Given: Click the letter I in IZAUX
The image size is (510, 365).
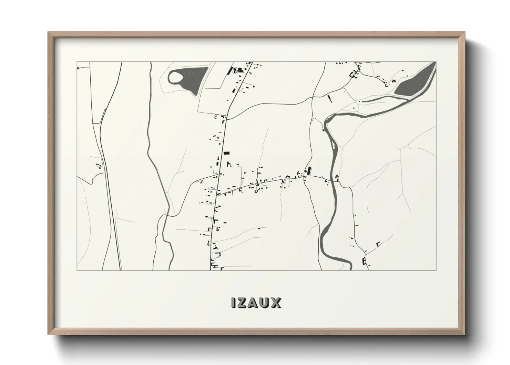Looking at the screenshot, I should [x=234, y=303].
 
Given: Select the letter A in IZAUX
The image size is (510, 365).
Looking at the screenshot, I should [x=254, y=303].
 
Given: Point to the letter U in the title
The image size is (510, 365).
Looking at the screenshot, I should [x=265, y=303].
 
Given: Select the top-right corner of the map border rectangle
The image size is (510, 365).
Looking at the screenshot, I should [x=436, y=62].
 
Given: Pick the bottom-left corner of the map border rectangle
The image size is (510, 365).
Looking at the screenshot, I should [x=77, y=270].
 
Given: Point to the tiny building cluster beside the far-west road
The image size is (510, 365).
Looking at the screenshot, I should [x=99, y=165].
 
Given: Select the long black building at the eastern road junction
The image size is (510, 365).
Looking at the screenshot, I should [x=309, y=170].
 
